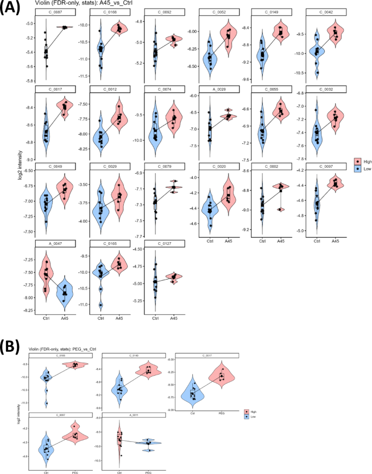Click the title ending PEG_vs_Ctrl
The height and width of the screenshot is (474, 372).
[72, 349]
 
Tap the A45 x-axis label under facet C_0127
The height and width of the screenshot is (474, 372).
[173, 319]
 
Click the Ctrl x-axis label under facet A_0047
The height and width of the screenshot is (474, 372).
[46, 319]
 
